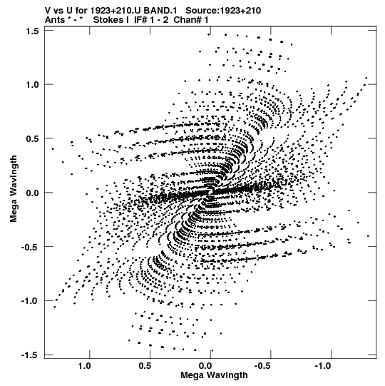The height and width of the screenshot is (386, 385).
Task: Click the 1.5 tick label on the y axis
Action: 32,31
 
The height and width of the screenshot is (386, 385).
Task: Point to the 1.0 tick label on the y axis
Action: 32,85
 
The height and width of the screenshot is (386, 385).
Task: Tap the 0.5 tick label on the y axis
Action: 32,139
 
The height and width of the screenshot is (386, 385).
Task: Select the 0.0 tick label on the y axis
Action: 32,193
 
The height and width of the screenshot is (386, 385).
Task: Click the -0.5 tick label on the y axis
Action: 30,247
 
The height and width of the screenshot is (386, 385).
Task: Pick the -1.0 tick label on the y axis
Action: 30,301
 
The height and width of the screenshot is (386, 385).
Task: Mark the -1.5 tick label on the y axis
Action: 30,355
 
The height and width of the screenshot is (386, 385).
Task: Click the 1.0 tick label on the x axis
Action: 85,366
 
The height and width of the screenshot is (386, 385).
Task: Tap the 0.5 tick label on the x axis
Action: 145,366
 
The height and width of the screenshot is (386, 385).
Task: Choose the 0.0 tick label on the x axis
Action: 205,366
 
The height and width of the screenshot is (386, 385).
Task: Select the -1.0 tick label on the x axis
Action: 324,366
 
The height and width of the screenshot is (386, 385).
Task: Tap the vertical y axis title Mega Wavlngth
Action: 14,189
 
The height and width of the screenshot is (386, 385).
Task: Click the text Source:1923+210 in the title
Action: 223,11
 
